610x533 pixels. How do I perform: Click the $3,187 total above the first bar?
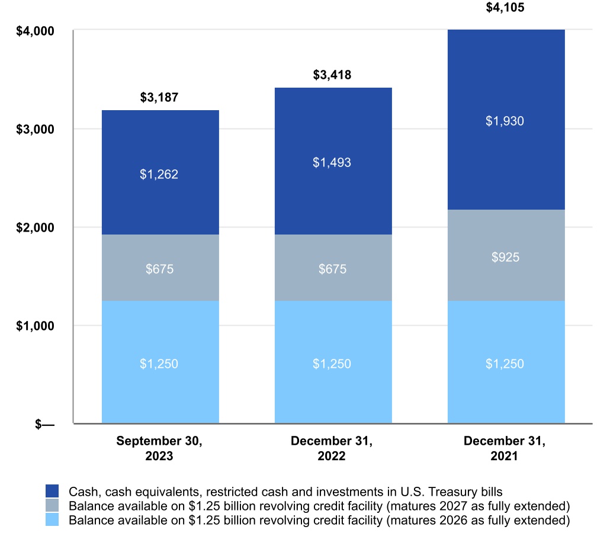click(x=159, y=98)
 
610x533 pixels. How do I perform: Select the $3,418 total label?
click(x=332, y=75)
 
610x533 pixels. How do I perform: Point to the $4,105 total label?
click(x=505, y=8)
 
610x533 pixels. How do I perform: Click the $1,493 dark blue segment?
click(x=333, y=162)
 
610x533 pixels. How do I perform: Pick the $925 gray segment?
click(x=506, y=257)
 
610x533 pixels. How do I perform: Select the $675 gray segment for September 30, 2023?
click(x=160, y=268)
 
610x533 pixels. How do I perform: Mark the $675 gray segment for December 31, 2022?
click(x=333, y=268)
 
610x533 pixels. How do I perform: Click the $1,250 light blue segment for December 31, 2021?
click(x=506, y=363)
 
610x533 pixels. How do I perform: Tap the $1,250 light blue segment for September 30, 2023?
click(x=160, y=363)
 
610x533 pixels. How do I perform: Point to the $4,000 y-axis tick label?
click(x=35, y=31)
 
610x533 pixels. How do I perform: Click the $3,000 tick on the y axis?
click(x=35, y=129)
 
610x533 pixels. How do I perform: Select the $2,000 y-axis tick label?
click(x=35, y=227)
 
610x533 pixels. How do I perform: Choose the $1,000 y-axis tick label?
click(x=35, y=326)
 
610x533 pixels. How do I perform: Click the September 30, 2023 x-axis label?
click(x=159, y=448)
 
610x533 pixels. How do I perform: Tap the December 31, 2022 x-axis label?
click(x=332, y=448)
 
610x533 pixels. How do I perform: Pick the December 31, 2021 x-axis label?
click(x=505, y=448)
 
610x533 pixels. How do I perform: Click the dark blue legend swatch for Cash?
click(x=53, y=491)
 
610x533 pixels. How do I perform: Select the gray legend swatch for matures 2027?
click(x=53, y=506)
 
